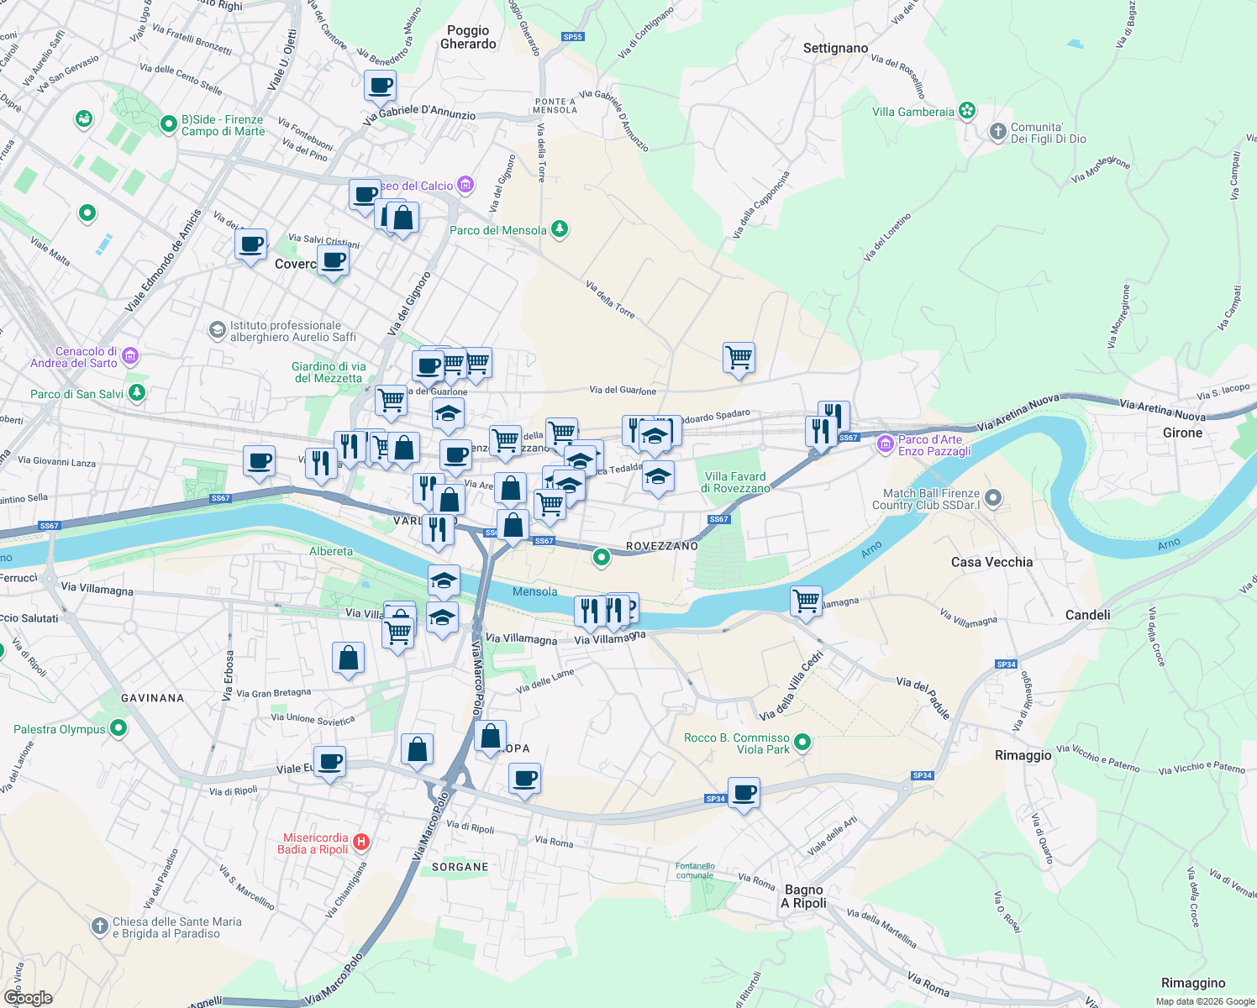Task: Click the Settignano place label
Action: click(x=835, y=48)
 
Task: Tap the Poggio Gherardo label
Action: click(x=468, y=37)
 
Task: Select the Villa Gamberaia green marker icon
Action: click(x=967, y=111)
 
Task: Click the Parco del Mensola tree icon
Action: click(x=559, y=229)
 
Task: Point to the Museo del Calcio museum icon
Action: click(x=465, y=185)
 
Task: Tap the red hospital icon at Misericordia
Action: click(x=361, y=842)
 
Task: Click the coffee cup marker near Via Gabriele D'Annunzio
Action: click(x=380, y=85)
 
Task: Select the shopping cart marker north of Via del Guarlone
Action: click(x=739, y=357)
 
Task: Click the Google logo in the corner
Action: click(x=28, y=997)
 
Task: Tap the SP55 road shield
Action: click(x=572, y=37)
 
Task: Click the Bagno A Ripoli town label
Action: click(x=804, y=896)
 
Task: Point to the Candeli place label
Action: click(x=1087, y=615)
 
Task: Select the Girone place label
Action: click(x=1182, y=433)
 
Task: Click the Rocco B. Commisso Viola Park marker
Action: click(x=802, y=742)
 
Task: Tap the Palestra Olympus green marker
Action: click(x=118, y=728)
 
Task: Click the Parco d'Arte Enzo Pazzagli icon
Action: click(x=885, y=444)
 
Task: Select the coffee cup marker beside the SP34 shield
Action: click(x=744, y=792)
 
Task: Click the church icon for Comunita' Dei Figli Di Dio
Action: click(x=997, y=131)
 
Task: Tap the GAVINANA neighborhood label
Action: click(x=152, y=698)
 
